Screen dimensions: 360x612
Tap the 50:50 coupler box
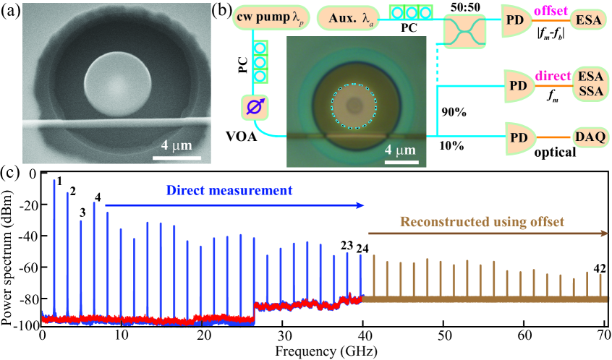click(x=465, y=33)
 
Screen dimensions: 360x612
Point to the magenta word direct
click(x=553, y=77)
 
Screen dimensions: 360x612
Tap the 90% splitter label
click(x=454, y=113)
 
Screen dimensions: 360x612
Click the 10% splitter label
click(x=454, y=146)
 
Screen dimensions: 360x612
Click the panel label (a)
click(x=12, y=13)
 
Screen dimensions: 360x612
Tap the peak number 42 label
click(x=599, y=268)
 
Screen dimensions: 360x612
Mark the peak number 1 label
click(x=60, y=180)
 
